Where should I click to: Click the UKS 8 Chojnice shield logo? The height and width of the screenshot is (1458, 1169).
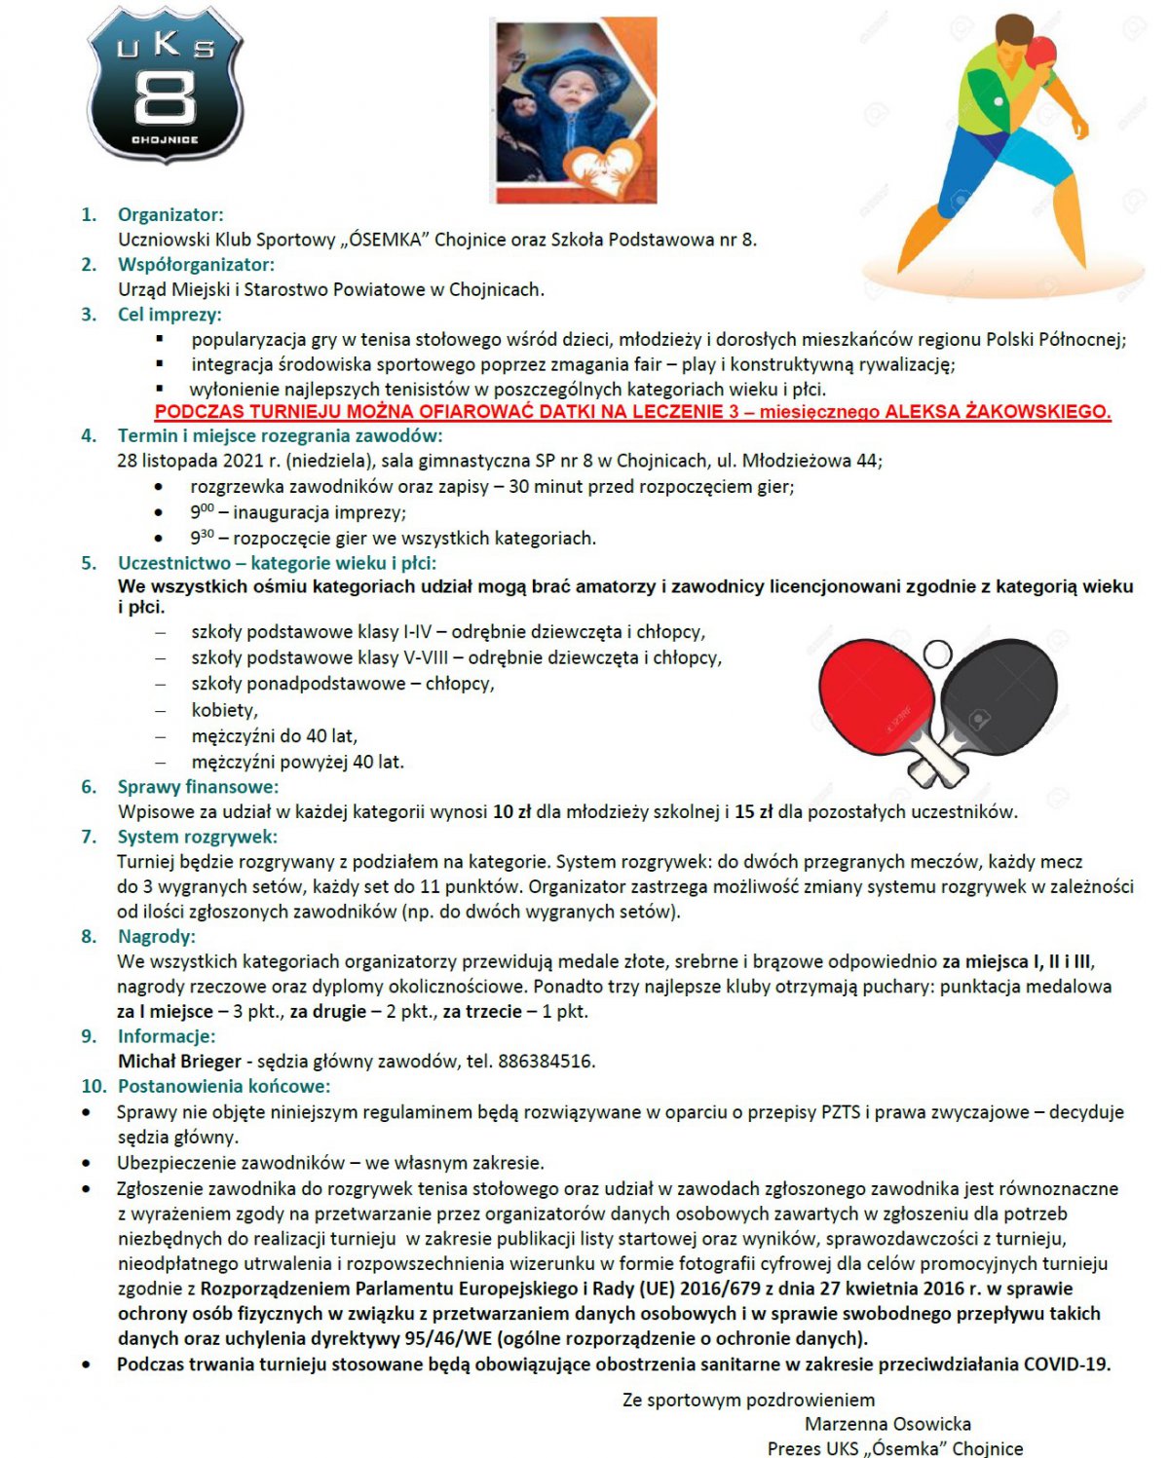click(x=165, y=85)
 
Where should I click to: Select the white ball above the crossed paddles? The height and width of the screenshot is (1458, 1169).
click(x=937, y=653)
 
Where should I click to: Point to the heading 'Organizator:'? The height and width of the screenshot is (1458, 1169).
click(x=170, y=214)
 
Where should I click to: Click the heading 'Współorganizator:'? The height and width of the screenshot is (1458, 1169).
click(x=196, y=264)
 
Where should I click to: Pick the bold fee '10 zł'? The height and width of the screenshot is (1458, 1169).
click(x=511, y=811)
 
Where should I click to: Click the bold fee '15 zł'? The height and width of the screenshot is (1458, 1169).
click(x=753, y=811)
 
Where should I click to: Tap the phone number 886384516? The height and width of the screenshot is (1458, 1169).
click(x=545, y=1061)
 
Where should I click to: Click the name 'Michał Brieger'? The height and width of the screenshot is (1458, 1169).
click(x=179, y=1061)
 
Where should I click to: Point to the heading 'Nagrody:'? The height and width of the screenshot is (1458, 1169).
click(x=156, y=936)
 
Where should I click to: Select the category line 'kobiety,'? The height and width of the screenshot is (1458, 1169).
click(x=224, y=710)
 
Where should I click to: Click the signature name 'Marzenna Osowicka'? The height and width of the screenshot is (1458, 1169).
click(x=887, y=1424)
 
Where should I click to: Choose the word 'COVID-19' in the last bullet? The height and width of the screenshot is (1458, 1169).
click(x=1066, y=1364)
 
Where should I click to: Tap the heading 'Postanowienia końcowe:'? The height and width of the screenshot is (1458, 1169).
click(x=224, y=1086)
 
